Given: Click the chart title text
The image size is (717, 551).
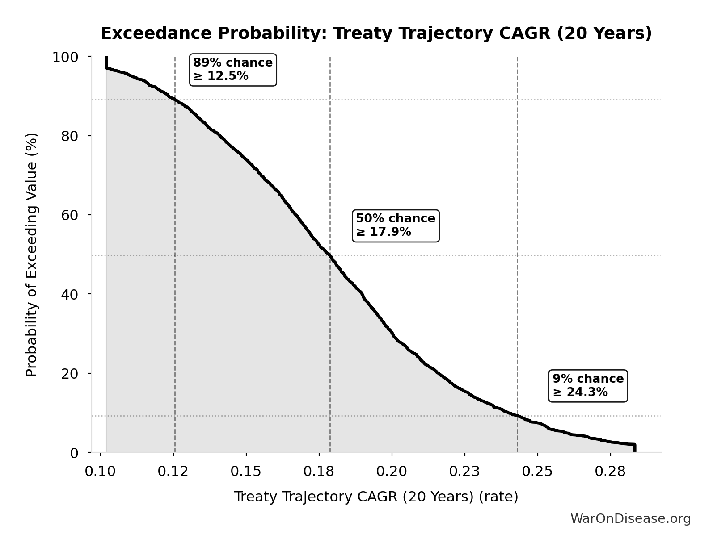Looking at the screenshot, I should click(376, 33).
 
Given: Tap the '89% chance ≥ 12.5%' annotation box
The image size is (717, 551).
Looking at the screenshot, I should click(233, 70).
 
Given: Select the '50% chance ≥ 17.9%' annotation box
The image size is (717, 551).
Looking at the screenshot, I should click(396, 225).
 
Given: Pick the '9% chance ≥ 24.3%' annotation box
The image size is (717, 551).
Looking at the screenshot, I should click(588, 386).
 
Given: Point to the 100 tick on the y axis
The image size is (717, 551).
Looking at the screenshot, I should click(65, 57).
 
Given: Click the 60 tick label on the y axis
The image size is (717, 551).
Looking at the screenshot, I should click(70, 215).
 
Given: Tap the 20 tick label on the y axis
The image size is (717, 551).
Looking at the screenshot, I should click(70, 374).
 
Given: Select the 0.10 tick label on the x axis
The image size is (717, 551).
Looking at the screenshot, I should click(100, 472).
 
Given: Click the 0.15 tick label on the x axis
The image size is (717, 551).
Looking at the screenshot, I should click(246, 472).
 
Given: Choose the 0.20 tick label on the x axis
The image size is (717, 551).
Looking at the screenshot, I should click(392, 472).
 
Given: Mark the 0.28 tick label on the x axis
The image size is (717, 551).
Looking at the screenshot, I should click(610, 472).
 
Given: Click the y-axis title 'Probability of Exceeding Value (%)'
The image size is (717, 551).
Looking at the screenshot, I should click(32, 255).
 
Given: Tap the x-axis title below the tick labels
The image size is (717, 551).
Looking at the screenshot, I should click(376, 497).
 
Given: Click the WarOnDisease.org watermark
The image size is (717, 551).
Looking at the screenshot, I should click(630, 518).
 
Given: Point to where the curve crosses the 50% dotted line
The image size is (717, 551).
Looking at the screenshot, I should click(330, 255).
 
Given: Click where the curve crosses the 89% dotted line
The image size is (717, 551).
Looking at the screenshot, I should click(175, 100).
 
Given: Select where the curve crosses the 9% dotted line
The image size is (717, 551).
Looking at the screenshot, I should click(518, 416).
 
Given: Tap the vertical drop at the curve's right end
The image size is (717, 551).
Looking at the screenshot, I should click(634, 448).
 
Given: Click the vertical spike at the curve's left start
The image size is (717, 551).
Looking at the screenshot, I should click(106, 63).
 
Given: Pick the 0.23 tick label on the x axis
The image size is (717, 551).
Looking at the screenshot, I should click(464, 472).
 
